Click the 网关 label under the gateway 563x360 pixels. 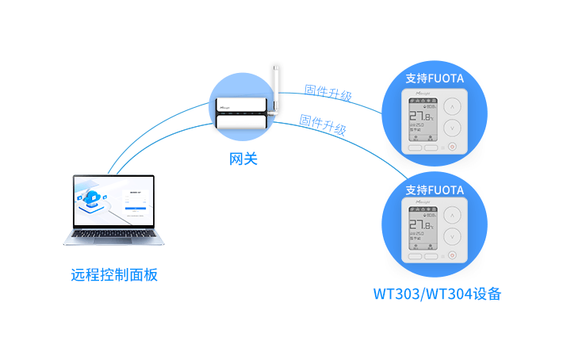(243, 159)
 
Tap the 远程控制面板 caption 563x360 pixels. (114, 275)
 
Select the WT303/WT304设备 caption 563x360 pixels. (437, 294)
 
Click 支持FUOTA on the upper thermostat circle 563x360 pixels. (434, 79)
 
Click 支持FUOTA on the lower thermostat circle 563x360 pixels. (434, 190)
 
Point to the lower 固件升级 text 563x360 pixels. (323, 124)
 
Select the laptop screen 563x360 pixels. (114, 202)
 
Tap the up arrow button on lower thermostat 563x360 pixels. (452, 216)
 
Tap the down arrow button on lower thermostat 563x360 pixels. (452, 236)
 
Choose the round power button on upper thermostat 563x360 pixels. (452, 146)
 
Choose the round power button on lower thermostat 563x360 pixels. (452, 255)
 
